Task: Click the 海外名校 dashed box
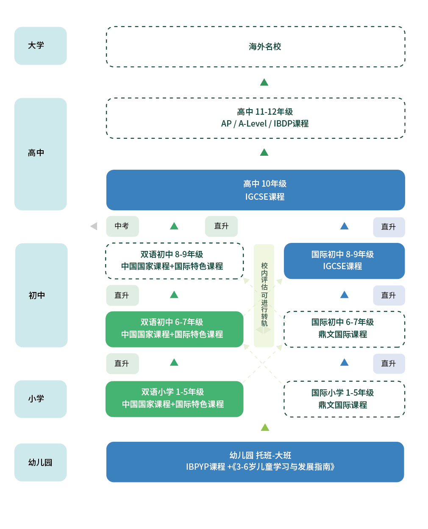pyautogui.click(x=256, y=47)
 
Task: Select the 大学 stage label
pyautogui.click(x=40, y=46)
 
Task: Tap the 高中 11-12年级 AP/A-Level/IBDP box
pyautogui.click(x=256, y=118)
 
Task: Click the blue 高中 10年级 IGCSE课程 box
pyautogui.click(x=256, y=190)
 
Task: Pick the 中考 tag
pyautogui.click(x=122, y=226)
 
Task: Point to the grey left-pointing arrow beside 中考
pyautogui.click(x=94, y=226)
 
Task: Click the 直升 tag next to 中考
pyautogui.click(x=221, y=226)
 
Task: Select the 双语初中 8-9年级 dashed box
pyautogui.click(x=174, y=261)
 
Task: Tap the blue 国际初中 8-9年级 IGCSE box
pyautogui.click(x=344, y=261)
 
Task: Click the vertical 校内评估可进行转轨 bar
pyautogui.click(x=264, y=295)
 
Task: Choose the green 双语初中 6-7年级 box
pyautogui.click(x=174, y=329)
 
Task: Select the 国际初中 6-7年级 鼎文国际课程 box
pyautogui.click(x=344, y=329)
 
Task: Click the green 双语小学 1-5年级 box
pyautogui.click(x=174, y=399)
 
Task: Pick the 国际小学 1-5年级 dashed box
pyautogui.click(x=344, y=399)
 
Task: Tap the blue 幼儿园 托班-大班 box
pyautogui.click(x=255, y=462)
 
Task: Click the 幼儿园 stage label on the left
pyautogui.click(x=40, y=462)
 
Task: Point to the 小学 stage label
pyautogui.click(x=40, y=399)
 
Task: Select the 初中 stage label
pyautogui.click(x=41, y=295)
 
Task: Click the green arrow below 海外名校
pyautogui.click(x=264, y=82)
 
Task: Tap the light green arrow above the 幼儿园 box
pyautogui.click(x=265, y=427)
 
